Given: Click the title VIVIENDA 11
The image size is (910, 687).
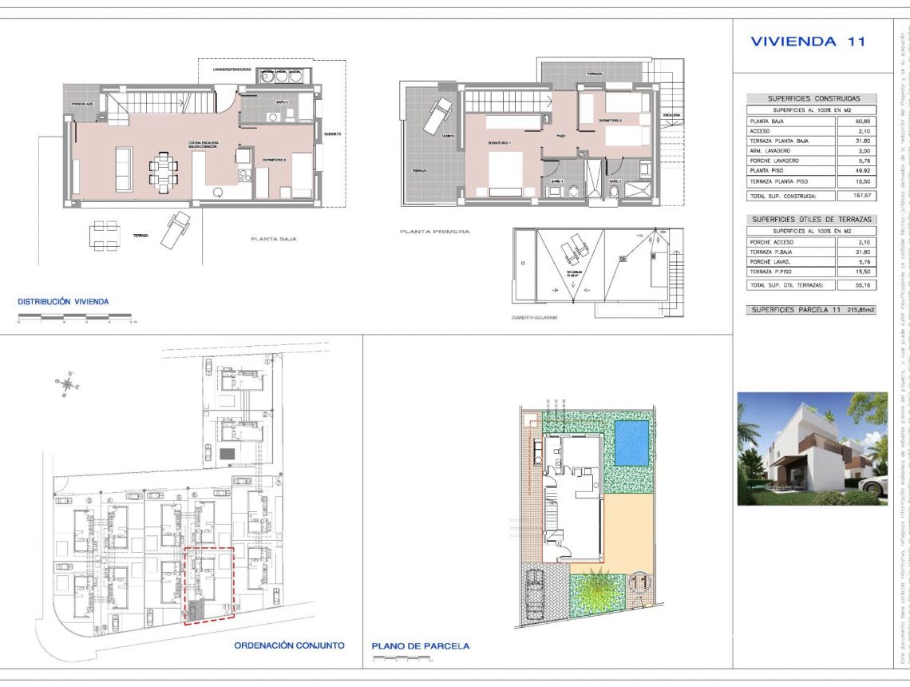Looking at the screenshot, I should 808,42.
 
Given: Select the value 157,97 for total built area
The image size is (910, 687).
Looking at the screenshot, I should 856,195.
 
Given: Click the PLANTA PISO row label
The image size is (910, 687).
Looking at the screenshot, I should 767,171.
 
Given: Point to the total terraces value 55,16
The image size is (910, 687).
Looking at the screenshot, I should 856,285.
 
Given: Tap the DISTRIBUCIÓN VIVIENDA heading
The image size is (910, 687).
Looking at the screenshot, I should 63,301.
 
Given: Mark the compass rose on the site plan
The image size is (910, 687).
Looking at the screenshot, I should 69,383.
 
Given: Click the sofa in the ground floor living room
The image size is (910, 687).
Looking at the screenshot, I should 125,169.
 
